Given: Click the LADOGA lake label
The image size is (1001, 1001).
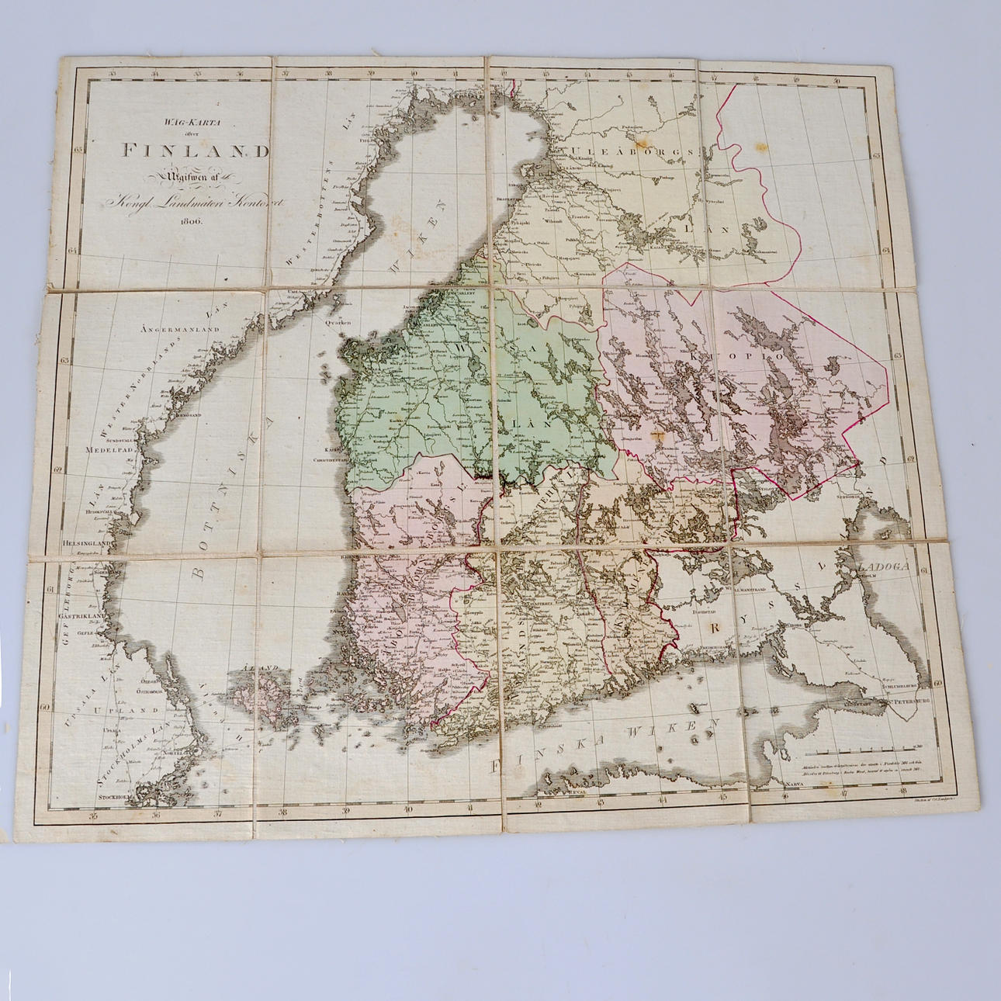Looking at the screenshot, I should coord(882,566).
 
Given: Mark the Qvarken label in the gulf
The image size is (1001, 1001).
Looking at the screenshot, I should coord(338,320).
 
